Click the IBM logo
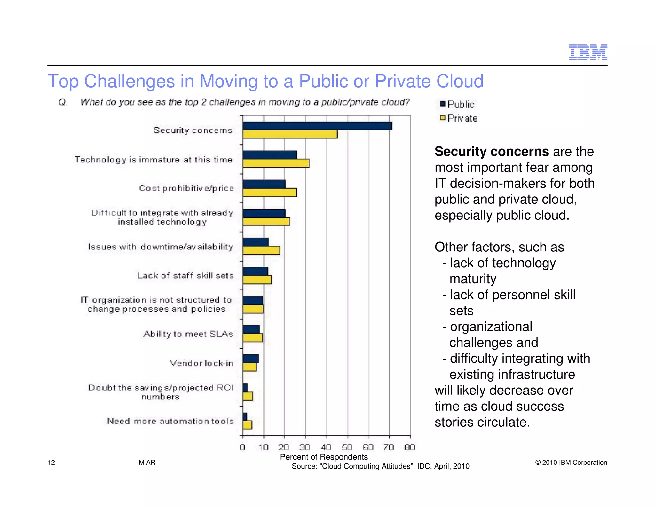pos(588,52)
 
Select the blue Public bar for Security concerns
pos(317,126)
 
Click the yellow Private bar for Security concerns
pos(290,134)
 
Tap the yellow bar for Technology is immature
pos(276,163)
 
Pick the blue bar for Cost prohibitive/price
pos(264,184)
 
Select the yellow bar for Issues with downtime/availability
pos(261,250)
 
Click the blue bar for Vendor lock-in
pos(250,359)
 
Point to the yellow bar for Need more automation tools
pos(247,425)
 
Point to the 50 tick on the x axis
pos(347,447)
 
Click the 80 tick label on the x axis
pos(410,447)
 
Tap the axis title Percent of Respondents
pos(324,457)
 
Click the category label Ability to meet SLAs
pos(188,334)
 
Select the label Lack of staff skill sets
pos(185,275)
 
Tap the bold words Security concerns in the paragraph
pos(492,151)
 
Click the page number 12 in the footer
pos(51,463)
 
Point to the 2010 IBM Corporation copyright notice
pos(571,463)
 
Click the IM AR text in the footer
pos(146,463)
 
